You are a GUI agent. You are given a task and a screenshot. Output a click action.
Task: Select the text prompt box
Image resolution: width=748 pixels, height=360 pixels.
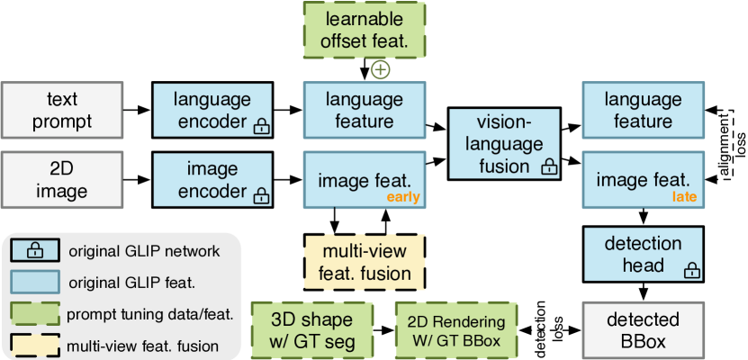[x=62, y=109]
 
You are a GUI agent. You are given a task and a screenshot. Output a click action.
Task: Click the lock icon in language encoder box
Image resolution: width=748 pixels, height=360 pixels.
[x=261, y=127]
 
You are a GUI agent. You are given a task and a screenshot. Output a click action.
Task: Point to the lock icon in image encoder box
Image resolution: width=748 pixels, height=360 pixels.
[x=261, y=195]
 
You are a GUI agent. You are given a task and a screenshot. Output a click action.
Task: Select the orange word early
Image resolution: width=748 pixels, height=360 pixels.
[x=404, y=198]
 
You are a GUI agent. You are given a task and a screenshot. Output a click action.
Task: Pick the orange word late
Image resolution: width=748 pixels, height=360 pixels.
[x=683, y=198]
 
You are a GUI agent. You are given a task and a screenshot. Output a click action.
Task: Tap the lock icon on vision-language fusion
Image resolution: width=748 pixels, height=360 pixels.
[x=548, y=167]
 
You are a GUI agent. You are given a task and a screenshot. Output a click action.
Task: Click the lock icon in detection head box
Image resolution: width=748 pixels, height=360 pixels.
[x=691, y=269]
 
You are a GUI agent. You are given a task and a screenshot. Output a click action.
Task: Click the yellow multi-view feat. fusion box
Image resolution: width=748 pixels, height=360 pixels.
[x=364, y=261]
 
